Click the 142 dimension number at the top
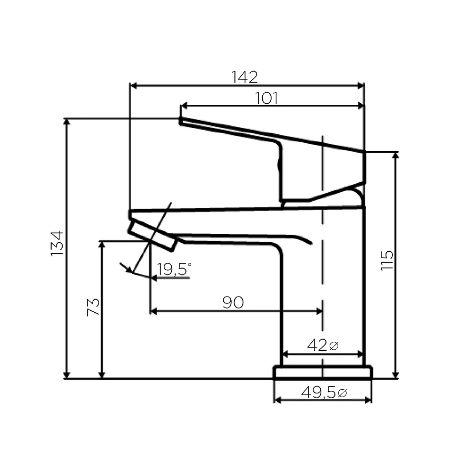(x=245, y=77)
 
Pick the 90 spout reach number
(x=232, y=302)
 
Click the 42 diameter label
(x=318, y=345)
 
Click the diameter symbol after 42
(x=333, y=346)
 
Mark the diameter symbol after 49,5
(x=342, y=393)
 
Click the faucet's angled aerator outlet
(x=152, y=235)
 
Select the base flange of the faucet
(x=322, y=372)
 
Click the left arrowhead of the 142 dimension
(x=133, y=85)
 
